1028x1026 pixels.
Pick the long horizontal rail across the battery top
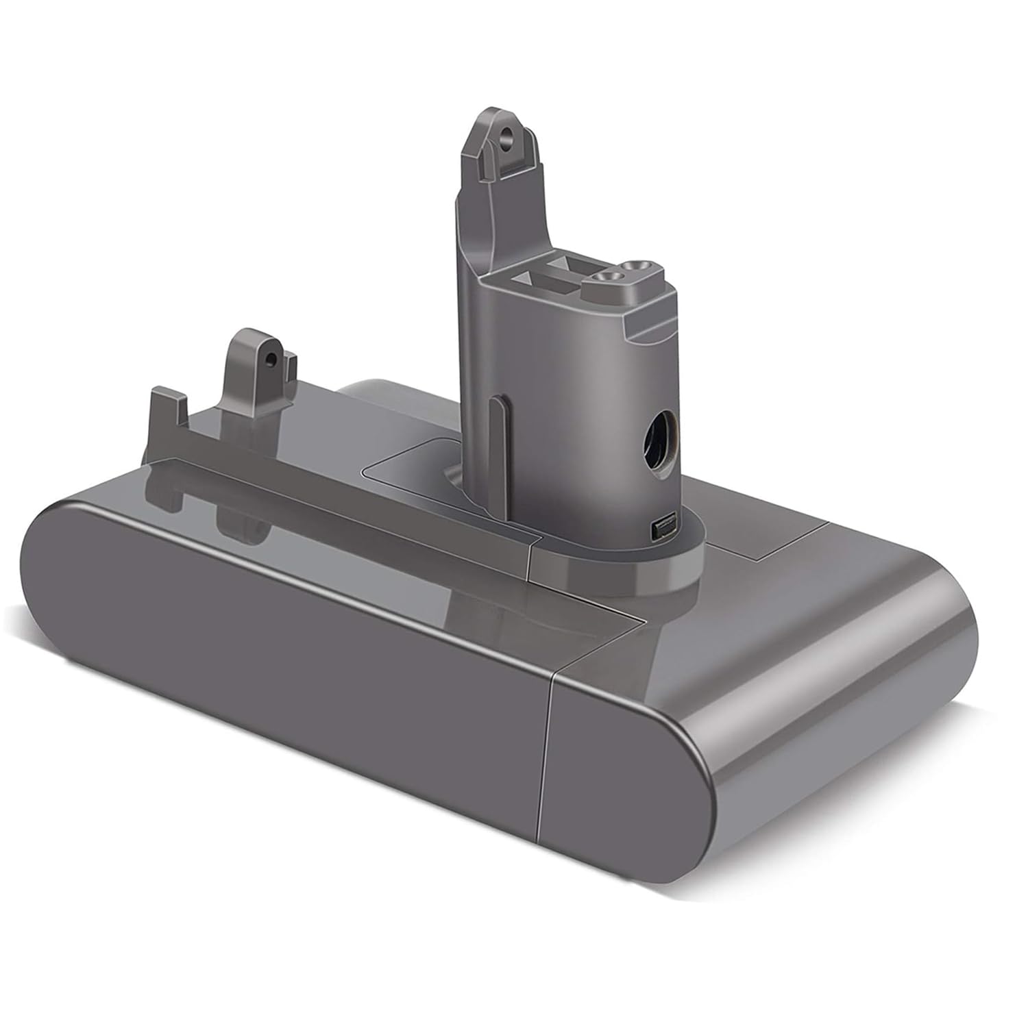click(x=343, y=473)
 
